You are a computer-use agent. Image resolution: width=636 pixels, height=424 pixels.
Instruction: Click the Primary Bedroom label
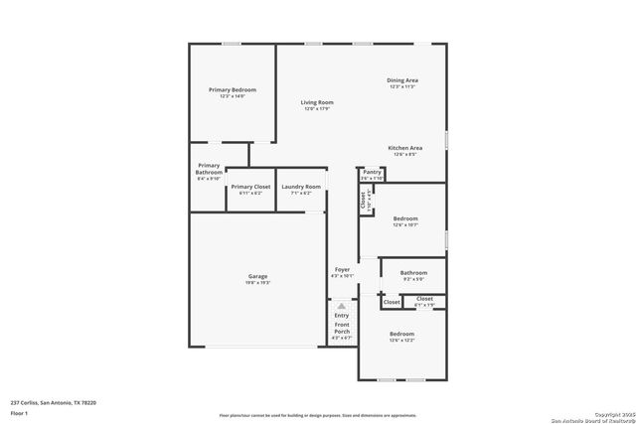click(227, 90)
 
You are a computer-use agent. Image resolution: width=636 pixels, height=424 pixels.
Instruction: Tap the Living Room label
click(317, 102)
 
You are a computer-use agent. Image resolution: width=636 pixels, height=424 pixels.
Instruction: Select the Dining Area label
click(402, 80)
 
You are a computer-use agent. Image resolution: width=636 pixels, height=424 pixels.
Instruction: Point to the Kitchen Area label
click(404, 148)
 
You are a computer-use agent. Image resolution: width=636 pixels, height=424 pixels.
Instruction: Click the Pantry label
click(372, 173)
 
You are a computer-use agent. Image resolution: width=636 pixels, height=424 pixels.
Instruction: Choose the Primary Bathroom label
click(209, 169)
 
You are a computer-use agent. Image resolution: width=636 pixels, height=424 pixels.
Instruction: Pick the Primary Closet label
click(250, 187)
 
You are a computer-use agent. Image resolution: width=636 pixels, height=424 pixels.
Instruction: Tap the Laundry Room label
click(301, 187)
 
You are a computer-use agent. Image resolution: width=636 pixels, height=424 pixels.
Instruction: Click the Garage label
click(257, 276)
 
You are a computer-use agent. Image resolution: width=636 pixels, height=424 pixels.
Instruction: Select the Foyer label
click(342, 269)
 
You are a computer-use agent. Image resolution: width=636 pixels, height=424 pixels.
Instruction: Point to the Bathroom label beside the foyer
click(413, 272)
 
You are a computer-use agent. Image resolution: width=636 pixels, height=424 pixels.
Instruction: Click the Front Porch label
click(342, 325)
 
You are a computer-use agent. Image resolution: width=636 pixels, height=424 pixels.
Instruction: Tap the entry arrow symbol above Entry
click(342, 306)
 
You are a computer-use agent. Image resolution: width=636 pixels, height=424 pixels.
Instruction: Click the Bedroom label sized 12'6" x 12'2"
click(401, 334)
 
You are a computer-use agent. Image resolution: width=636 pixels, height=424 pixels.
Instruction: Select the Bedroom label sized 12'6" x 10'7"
click(405, 217)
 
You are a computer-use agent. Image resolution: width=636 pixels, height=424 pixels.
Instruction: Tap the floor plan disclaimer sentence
click(317, 415)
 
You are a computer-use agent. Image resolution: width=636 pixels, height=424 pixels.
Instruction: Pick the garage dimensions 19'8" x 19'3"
click(257, 283)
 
